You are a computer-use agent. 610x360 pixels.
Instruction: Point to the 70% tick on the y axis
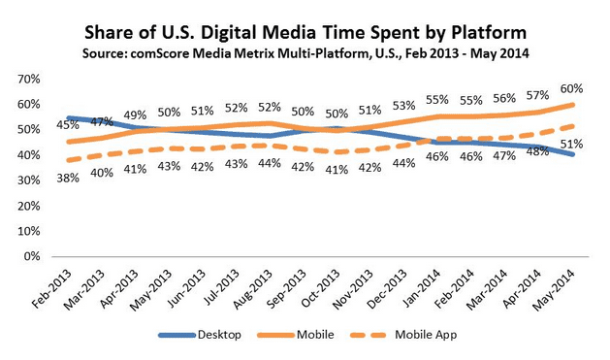[x=26, y=79]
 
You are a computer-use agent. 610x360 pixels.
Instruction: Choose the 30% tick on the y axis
[x=26, y=180]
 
